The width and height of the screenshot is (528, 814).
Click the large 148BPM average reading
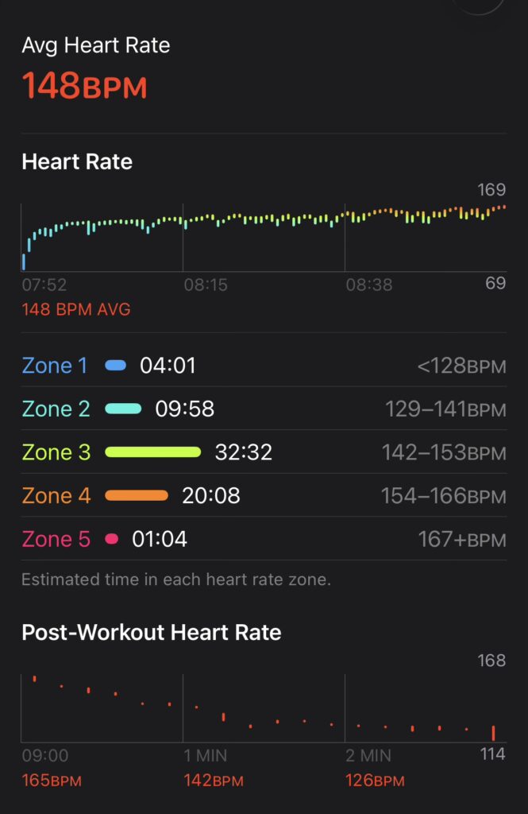84,85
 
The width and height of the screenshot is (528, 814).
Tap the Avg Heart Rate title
95,45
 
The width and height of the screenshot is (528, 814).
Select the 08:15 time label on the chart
206,285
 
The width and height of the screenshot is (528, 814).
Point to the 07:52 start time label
44,285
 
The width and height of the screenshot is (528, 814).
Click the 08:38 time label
368,285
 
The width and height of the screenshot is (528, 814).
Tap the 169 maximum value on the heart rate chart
491,190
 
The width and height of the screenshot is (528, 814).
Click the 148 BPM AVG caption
75,309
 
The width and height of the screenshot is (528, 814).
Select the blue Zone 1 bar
116,366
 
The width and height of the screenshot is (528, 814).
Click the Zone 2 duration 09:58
185,409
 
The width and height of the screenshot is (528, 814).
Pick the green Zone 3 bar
153,452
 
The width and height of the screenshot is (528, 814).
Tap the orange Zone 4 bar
137,496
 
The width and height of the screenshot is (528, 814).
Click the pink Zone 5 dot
111,540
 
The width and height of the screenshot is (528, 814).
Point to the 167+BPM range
461,540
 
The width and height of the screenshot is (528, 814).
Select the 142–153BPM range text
443,453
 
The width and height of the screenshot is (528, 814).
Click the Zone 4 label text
56,496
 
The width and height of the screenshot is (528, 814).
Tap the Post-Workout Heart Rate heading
151,633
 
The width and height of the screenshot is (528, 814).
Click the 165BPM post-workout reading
52,781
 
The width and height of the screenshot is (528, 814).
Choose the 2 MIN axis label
368,755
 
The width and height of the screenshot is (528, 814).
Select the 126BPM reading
374,781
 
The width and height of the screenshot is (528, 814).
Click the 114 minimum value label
492,754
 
